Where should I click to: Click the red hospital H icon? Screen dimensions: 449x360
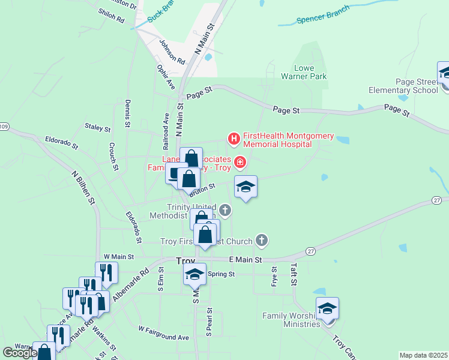tap(234, 140)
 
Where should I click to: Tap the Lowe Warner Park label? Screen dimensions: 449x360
tap(304, 72)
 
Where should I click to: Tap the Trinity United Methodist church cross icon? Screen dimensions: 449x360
tap(225, 210)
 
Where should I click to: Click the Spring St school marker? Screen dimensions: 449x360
tap(194, 274)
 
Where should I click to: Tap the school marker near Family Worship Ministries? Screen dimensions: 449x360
tap(327, 308)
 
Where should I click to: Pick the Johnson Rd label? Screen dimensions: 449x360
tap(172, 52)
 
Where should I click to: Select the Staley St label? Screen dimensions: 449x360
tap(98, 128)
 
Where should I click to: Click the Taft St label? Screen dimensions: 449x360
tap(294, 275)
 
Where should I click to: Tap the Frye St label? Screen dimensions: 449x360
tap(274, 277)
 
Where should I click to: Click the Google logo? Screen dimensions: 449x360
tap(20, 353)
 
